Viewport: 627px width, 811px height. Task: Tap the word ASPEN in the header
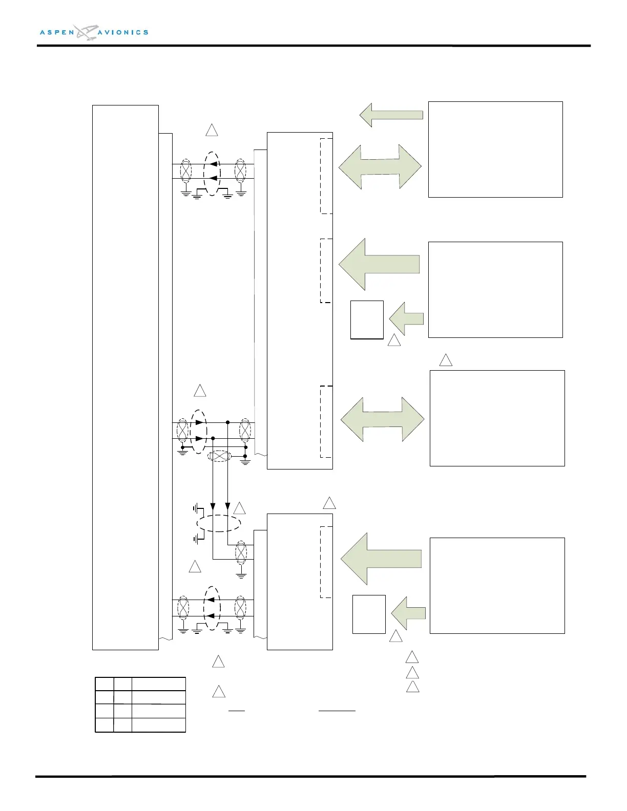point(57,32)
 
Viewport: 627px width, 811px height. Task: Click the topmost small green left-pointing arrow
point(391,115)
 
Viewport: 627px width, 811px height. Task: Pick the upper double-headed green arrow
point(380,167)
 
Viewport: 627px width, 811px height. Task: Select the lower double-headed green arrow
point(382,419)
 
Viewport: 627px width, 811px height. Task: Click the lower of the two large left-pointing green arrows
point(381,559)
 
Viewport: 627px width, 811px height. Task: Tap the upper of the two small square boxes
point(367,319)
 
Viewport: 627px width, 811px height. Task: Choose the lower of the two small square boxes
point(369,614)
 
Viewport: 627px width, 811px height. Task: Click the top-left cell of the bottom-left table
point(104,684)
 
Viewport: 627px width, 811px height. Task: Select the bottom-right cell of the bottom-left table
point(158,725)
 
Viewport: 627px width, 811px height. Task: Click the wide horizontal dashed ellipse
point(219,523)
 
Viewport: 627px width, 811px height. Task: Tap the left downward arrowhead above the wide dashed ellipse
point(213,507)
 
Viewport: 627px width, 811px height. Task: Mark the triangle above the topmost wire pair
point(212,130)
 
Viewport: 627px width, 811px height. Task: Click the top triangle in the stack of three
point(412,657)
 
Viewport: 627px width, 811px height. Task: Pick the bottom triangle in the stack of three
point(412,687)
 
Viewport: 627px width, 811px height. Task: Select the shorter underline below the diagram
point(237,711)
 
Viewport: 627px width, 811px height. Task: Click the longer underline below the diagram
point(337,711)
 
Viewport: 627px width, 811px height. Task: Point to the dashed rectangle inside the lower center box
point(326,562)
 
